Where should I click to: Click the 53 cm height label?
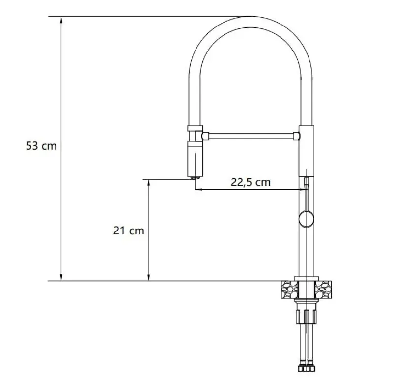pos(42,146)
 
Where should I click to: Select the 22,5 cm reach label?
pos(251,182)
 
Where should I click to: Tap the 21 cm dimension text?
pos(129,231)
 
